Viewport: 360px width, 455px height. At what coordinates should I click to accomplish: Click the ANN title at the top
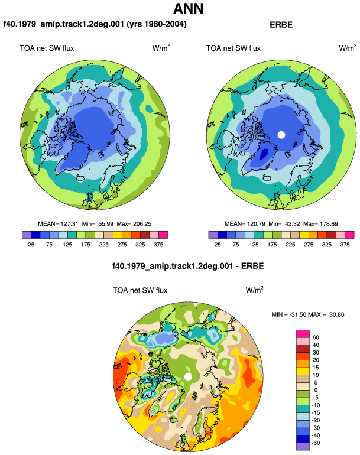pos(188,9)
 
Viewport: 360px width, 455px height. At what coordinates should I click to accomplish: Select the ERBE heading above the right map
pos(281,25)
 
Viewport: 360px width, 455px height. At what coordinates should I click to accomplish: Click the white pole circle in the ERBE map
pos(281,135)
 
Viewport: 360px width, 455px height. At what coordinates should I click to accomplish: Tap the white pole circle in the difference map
pos(188,376)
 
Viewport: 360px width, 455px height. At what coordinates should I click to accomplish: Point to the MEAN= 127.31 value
pos(58,224)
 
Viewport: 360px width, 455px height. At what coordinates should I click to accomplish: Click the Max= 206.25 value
pos(134,224)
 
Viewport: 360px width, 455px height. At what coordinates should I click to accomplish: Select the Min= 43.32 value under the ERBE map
pos(284,224)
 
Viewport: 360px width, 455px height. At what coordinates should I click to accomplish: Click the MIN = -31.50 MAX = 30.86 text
pos(308,314)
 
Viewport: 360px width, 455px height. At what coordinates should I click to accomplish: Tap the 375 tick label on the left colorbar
pos(158,245)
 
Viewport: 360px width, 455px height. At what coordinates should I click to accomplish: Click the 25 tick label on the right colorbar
pos(218,245)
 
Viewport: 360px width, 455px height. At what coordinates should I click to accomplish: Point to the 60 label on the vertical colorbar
pos(316,337)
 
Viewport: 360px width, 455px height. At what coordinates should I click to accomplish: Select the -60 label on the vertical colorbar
pos(315,443)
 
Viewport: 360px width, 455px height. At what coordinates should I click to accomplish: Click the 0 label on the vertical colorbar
pos(316,390)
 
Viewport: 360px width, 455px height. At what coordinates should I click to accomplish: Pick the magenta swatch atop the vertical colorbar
pos(303,334)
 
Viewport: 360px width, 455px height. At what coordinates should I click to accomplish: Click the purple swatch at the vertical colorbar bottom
pos(303,447)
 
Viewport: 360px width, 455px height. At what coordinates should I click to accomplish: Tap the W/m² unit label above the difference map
pos(255,290)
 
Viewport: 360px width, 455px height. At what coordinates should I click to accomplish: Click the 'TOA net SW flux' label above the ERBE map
pos(233,48)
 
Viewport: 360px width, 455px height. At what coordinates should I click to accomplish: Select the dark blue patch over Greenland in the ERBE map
pos(264,154)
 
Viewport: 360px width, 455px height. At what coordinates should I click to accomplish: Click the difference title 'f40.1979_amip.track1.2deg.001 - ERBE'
pos(188,266)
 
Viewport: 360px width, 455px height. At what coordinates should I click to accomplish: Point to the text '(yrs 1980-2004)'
pos(157,24)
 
